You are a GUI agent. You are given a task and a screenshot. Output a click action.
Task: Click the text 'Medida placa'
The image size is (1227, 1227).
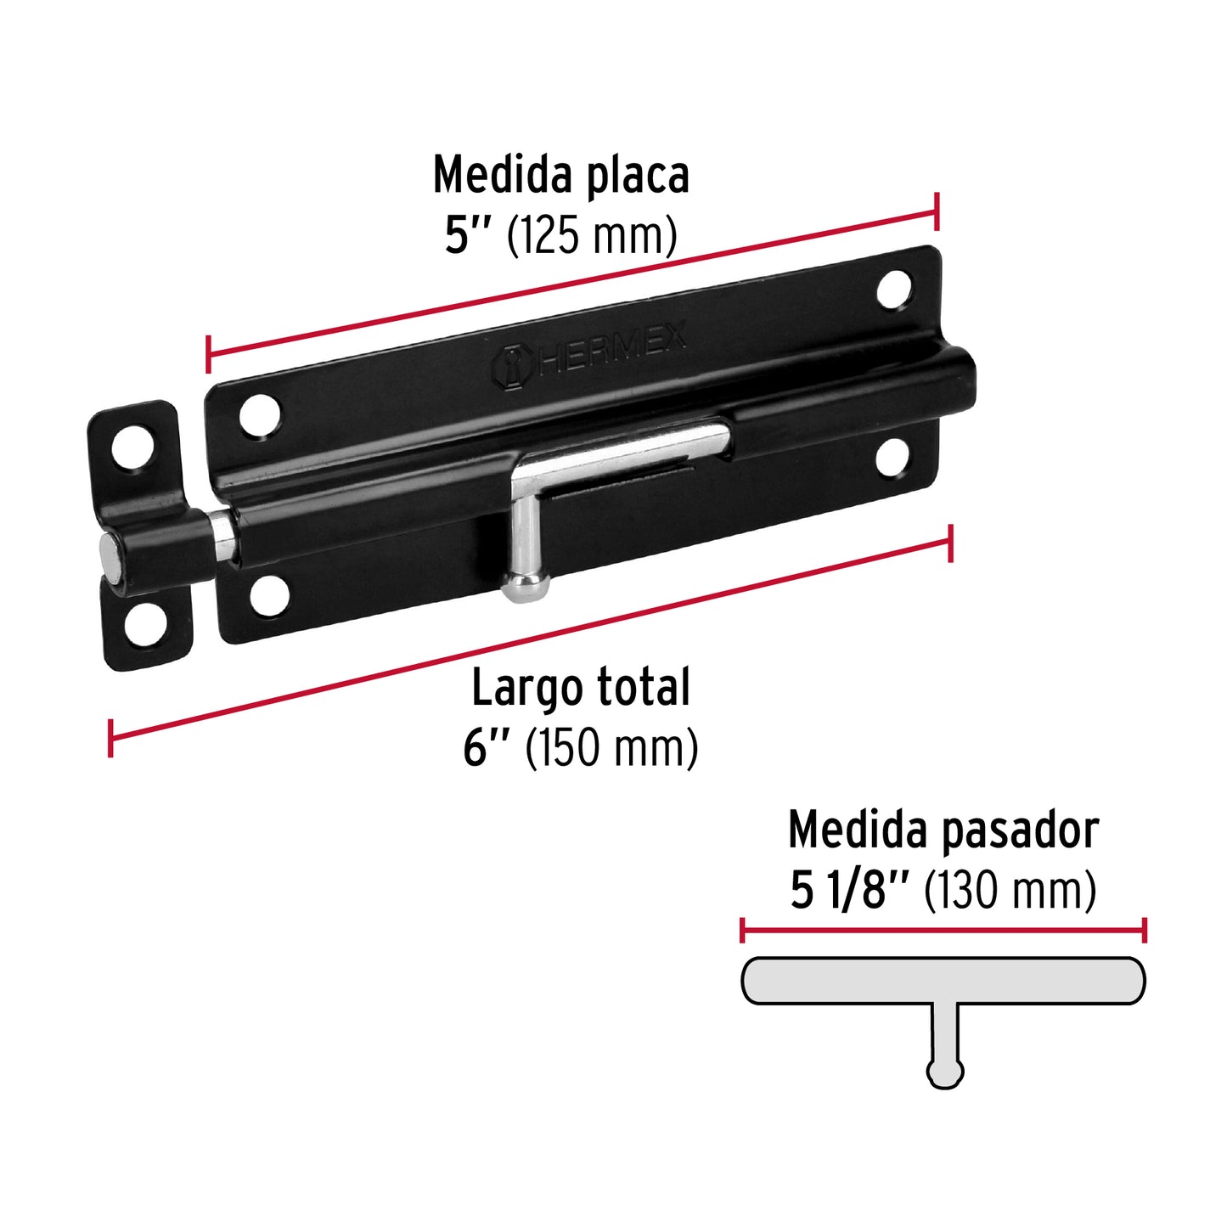tap(560, 176)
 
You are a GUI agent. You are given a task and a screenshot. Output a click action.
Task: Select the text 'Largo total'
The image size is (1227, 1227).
tap(581, 688)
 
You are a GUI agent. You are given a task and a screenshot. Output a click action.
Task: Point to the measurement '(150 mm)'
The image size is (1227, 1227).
tap(611, 749)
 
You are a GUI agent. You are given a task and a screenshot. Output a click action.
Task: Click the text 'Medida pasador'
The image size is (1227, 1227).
tap(943, 830)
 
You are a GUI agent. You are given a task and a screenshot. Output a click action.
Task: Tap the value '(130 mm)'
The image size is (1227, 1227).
tap(1010, 891)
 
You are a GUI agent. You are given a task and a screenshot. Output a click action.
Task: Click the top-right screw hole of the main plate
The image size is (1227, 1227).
tap(894, 290)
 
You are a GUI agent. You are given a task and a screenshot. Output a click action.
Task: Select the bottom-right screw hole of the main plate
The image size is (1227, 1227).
tap(892, 458)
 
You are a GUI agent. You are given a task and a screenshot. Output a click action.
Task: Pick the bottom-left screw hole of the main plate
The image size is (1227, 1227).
tap(269, 595)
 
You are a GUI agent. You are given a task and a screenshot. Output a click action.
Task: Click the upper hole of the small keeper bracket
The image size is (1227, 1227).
tap(132, 446)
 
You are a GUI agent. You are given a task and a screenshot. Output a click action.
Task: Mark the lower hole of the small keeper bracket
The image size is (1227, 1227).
tap(145, 624)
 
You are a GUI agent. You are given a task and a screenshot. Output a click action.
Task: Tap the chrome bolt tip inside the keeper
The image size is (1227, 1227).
tap(112, 556)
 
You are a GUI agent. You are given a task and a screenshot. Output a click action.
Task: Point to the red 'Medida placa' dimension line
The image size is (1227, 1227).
tap(572, 284)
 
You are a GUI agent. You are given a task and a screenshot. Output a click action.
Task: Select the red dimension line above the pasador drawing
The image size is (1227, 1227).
tap(943, 930)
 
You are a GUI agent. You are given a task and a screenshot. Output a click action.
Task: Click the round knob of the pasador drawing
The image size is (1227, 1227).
tap(944, 1072)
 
